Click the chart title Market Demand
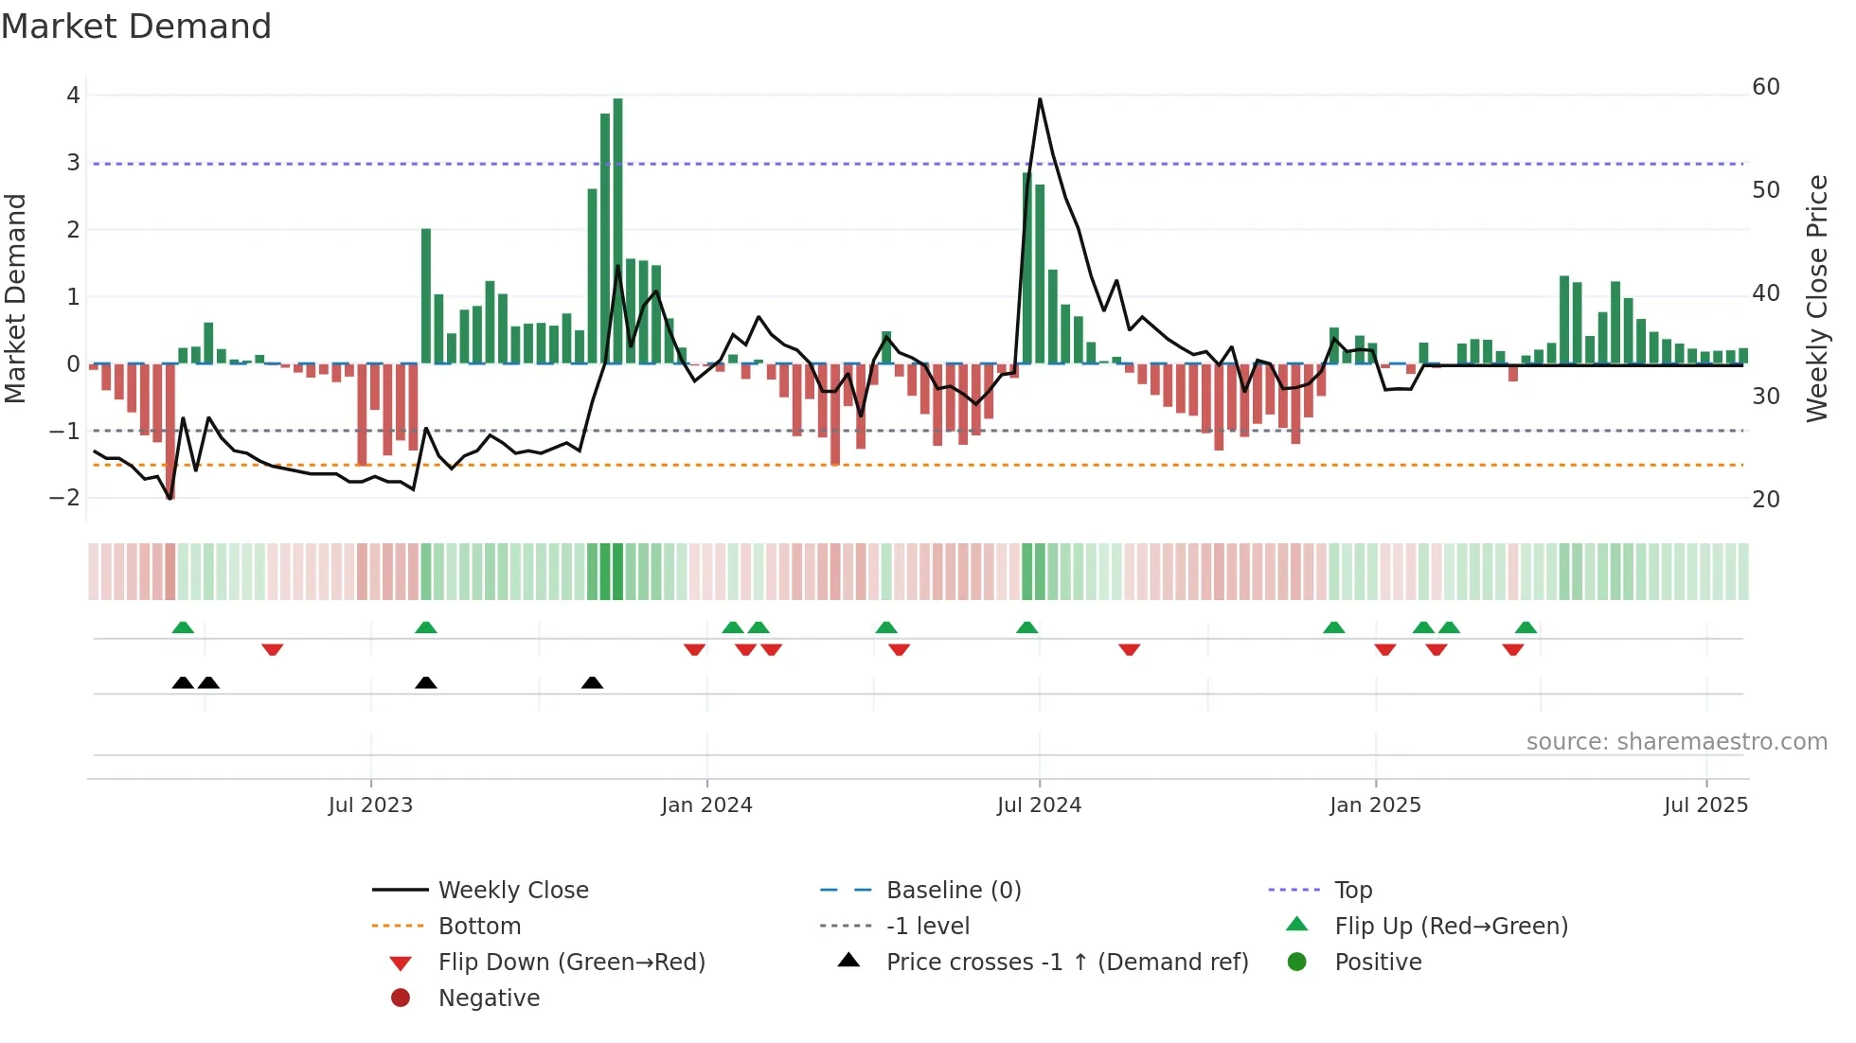point(136,27)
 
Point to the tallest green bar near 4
point(617,227)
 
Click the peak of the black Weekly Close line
point(1040,99)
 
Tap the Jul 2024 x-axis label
point(1039,805)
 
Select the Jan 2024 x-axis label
point(706,805)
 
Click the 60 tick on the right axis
point(1766,87)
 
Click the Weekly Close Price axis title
point(1816,298)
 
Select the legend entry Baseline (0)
point(953,891)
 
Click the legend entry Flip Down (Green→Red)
point(571,963)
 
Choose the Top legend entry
point(1352,891)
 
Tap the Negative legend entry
point(489,999)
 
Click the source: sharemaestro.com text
point(1676,742)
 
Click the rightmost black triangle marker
point(592,683)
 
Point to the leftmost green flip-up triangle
point(183,628)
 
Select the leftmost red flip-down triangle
point(273,649)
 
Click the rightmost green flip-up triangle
point(1526,628)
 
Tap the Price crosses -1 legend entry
point(1066,963)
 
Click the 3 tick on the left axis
point(73,163)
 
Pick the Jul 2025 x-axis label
point(1705,805)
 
